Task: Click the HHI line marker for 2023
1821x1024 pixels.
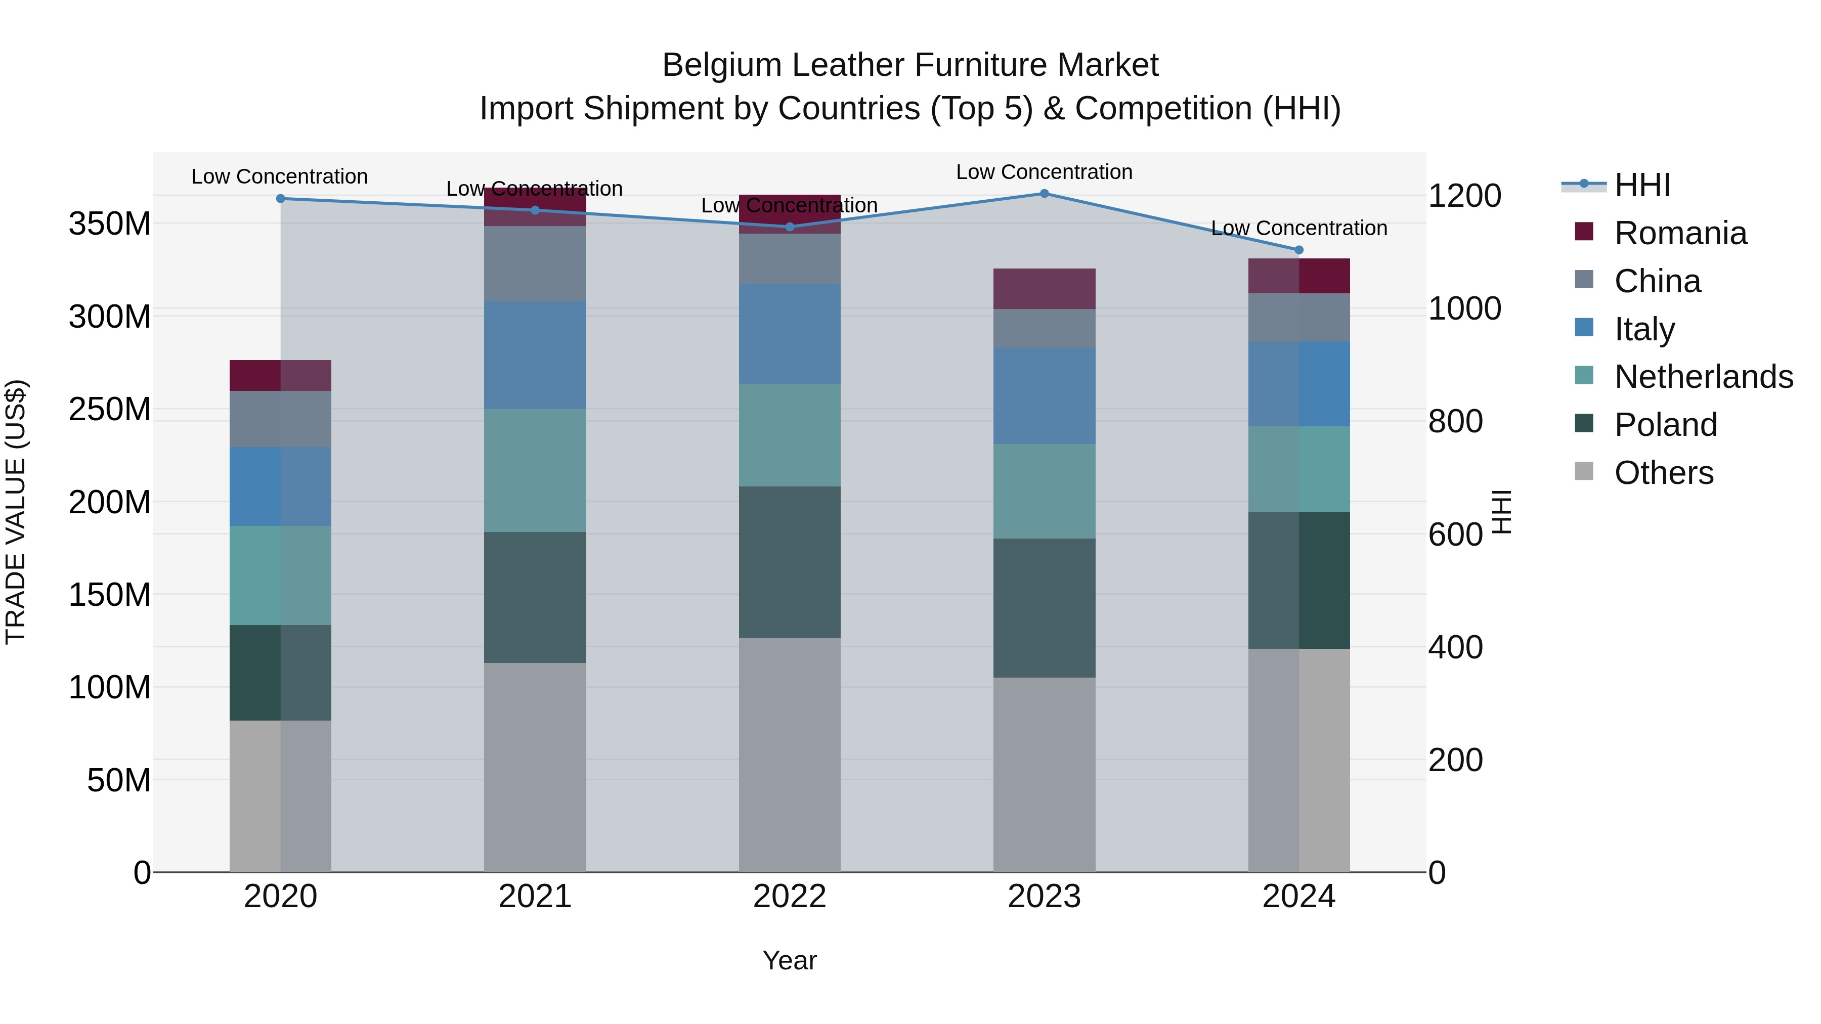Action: click(1044, 194)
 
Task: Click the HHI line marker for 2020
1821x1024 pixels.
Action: click(281, 199)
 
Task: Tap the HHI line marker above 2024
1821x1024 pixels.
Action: click(1298, 250)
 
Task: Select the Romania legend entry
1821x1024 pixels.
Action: click(1679, 233)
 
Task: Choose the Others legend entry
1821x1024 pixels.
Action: click(1663, 473)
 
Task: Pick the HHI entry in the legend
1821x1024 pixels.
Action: click(1641, 185)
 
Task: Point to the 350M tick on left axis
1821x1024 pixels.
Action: click(110, 224)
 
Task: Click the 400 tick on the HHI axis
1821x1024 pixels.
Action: click(1455, 647)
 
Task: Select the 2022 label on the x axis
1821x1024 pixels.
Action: click(790, 897)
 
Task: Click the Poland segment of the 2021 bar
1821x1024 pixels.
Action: click(535, 597)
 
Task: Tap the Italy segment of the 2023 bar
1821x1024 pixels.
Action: click(1044, 396)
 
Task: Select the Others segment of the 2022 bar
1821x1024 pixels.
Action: click(790, 755)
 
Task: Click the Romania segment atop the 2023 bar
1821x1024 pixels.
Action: click(1044, 288)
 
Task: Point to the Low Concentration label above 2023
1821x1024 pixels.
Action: click(1044, 172)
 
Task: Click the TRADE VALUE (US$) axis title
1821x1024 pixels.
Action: click(16, 512)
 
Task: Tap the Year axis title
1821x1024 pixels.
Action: click(790, 960)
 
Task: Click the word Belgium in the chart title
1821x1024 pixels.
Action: click(722, 65)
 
